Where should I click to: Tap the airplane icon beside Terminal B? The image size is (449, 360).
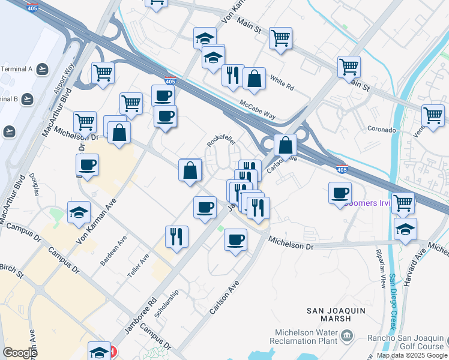pos(28,98)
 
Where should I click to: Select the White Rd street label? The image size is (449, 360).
pos(282,83)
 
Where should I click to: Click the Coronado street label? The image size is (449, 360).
pos(381,130)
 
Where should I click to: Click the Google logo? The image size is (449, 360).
pos(20,352)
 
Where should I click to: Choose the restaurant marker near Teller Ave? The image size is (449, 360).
pos(177,237)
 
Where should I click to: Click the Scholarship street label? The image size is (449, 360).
pos(168,304)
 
